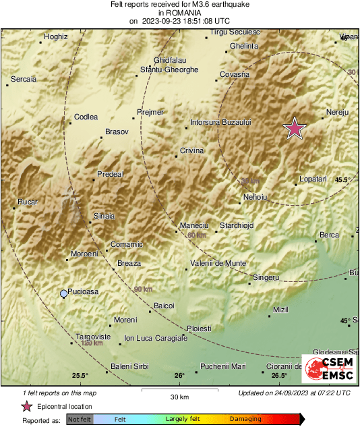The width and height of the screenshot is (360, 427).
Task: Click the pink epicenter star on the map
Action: [x=294, y=128]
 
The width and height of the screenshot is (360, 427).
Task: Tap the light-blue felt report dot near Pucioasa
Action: [x=63, y=293]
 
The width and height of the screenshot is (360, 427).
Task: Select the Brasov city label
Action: [x=117, y=132]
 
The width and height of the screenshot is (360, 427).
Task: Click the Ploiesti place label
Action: [x=199, y=328]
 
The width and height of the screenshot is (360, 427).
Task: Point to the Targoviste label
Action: [x=92, y=336]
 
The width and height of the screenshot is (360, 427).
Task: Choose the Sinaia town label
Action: [x=103, y=216]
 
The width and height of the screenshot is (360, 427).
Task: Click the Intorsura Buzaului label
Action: [x=220, y=122]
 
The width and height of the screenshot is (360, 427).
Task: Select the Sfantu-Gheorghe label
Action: [x=169, y=69]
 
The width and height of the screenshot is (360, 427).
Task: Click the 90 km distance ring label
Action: [x=143, y=289]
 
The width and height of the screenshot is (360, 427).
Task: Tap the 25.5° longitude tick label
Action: [x=80, y=376]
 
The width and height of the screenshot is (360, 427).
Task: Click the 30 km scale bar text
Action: [x=179, y=396]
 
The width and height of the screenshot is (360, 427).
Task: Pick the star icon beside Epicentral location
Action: [x=27, y=406]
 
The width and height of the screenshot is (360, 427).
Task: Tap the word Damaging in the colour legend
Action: [x=245, y=419]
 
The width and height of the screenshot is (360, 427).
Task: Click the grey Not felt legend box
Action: [x=80, y=420]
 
